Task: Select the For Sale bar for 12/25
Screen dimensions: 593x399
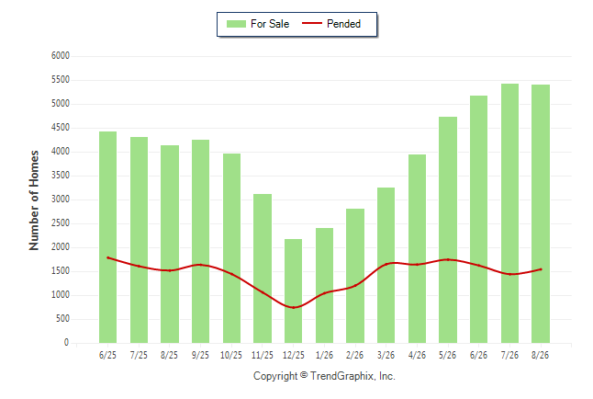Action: pyautogui.click(x=293, y=291)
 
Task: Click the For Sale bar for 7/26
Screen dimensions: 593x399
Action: pyautogui.click(x=509, y=213)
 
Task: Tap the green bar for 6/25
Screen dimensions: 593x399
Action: pyautogui.click(x=107, y=237)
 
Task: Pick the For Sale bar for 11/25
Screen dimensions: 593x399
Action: pyautogui.click(x=263, y=268)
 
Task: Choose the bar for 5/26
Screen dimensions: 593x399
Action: pyautogui.click(x=448, y=230)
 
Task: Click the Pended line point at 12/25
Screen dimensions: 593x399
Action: pyautogui.click(x=294, y=307)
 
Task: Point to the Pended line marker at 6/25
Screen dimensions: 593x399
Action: pyautogui.click(x=107, y=257)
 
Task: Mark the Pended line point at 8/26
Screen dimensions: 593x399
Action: pyautogui.click(x=541, y=269)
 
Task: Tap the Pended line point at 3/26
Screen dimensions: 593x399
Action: pyautogui.click(x=386, y=264)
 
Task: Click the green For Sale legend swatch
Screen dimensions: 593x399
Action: pyautogui.click(x=236, y=24)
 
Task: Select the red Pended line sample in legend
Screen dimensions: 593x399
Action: pyautogui.click(x=312, y=24)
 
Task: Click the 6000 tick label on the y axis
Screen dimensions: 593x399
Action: pyautogui.click(x=61, y=56)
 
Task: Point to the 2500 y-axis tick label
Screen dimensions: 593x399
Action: pyautogui.click(x=61, y=223)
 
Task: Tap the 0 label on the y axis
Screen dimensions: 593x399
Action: pyautogui.click(x=67, y=343)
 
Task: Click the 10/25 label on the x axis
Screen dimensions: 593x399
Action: pyautogui.click(x=231, y=355)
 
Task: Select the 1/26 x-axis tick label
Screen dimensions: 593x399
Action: pyautogui.click(x=324, y=355)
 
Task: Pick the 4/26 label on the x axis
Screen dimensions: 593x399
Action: pyautogui.click(x=417, y=355)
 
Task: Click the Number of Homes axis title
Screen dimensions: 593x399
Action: pyautogui.click(x=34, y=200)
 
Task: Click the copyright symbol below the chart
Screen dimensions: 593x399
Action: pyautogui.click(x=304, y=375)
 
